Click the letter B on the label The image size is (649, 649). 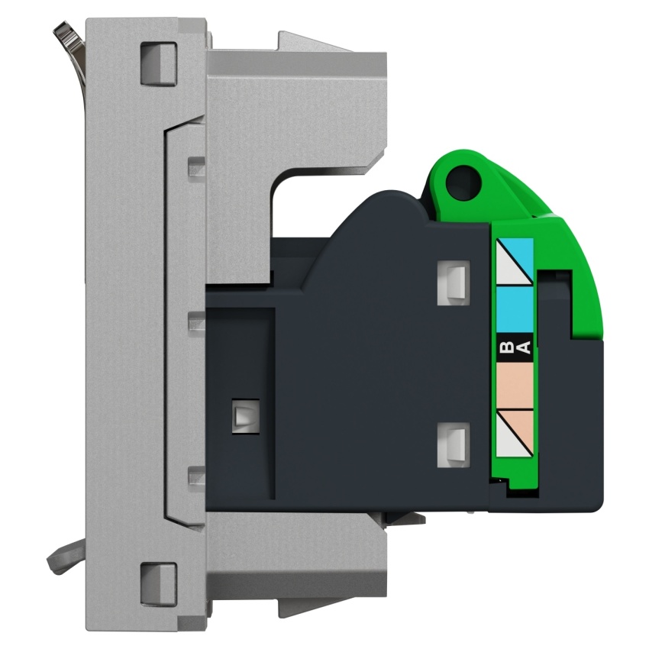(506, 346)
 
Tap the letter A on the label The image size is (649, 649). (524, 347)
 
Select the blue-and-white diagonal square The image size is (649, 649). (515, 262)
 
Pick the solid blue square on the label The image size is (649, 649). (515, 309)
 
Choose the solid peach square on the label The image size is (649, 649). (515, 386)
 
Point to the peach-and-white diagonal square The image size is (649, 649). (515, 434)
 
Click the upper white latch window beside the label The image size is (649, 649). (454, 283)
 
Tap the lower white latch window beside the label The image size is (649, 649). (454, 445)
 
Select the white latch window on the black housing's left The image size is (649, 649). (246, 416)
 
